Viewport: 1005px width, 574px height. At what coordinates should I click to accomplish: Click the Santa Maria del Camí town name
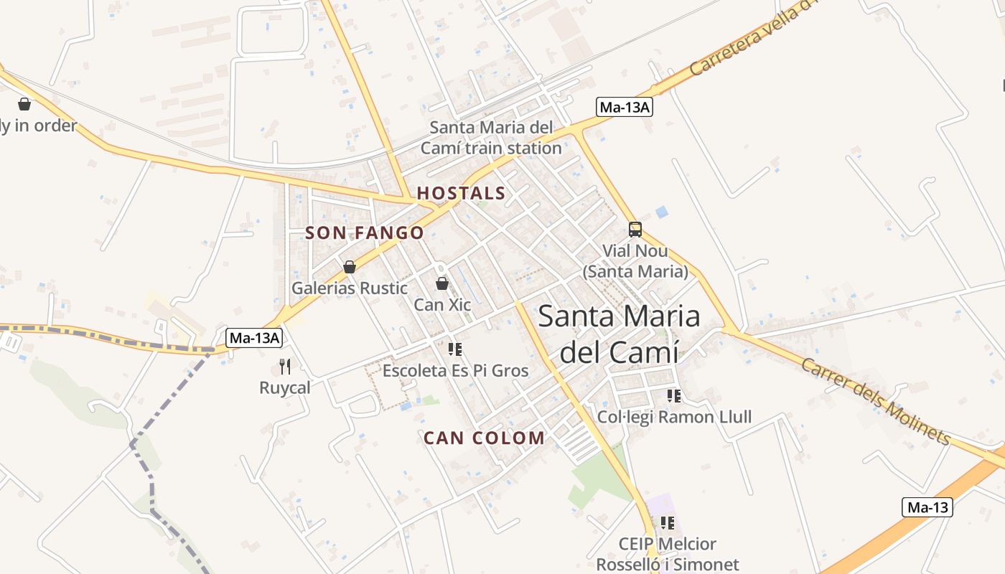(619, 334)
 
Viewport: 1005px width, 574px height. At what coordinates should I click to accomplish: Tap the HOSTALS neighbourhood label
(462, 193)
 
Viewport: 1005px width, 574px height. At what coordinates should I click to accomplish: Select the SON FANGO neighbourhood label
(365, 233)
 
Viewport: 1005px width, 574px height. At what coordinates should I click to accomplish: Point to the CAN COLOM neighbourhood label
(484, 438)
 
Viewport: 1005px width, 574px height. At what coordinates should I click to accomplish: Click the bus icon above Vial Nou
(635, 230)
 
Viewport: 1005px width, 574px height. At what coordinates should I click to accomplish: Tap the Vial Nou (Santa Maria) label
(635, 261)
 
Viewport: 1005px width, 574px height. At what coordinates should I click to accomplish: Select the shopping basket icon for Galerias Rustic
(350, 267)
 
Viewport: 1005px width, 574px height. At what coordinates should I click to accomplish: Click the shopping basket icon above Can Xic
(442, 283)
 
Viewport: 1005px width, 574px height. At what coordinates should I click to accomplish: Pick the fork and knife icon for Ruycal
(285, 367)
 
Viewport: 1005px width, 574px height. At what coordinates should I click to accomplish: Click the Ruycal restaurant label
(285, 387)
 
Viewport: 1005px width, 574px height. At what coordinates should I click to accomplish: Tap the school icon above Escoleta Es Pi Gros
(454, 349)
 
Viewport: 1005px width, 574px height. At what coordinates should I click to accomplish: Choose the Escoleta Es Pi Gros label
(455, 371)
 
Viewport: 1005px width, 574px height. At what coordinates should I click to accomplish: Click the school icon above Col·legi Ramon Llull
(673, 395)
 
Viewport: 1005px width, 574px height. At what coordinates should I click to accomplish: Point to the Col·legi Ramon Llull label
(675, 417)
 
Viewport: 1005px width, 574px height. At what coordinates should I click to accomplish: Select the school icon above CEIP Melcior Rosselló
(668, 523)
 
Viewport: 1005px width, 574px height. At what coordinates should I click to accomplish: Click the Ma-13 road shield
(927, 507)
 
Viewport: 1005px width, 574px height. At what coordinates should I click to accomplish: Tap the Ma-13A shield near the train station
(625, 108)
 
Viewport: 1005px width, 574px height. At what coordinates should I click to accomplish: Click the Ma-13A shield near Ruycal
(254, 338)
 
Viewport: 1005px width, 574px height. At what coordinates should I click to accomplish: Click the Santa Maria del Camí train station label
(491, 138)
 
